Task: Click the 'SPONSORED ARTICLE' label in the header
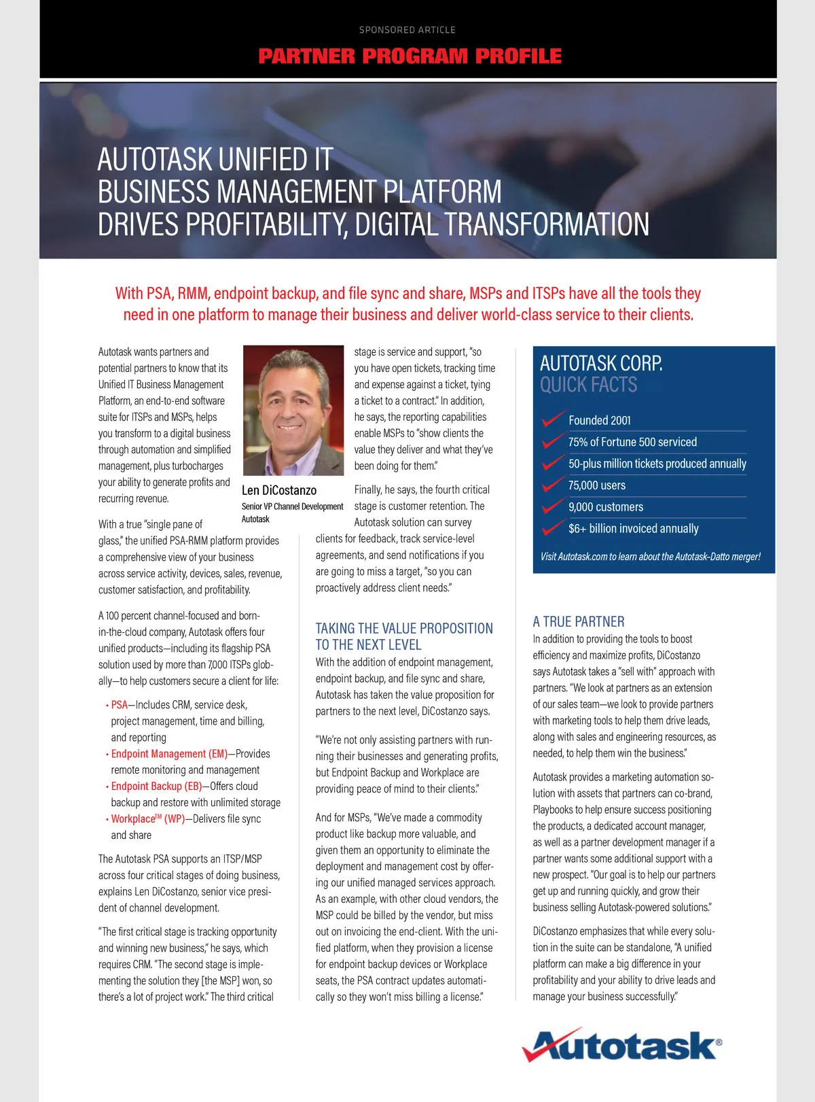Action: coord(407,30)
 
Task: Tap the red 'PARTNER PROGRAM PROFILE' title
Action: coord(410,56)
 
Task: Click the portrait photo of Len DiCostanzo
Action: coord(293,411)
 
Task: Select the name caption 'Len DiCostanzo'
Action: coord(279,490)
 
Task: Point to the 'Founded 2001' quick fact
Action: coord(600,420)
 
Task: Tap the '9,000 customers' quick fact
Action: coord(606,507)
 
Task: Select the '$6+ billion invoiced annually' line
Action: coord(634,529)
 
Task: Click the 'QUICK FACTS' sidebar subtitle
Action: coord(589,385)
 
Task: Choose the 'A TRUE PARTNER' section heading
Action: coord(579,621)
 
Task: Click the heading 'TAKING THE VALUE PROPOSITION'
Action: coord(404,628)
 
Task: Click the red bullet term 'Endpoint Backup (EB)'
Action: coord(156,787)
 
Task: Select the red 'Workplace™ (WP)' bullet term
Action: coord(147,819)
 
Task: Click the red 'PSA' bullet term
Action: coord(119,705)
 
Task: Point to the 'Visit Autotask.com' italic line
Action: coord(650,557)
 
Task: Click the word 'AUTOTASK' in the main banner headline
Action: coord(155,160)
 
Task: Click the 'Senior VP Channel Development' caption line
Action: coord(292,506)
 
